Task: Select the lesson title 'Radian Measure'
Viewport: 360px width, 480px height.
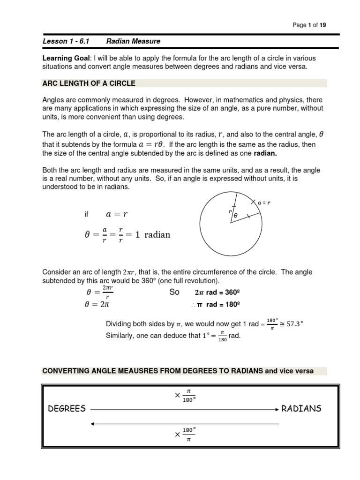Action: [133, 41]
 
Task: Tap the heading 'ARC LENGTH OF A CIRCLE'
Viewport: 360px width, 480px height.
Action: [89, 83]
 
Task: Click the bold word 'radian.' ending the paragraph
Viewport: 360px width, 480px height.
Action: [266, 153]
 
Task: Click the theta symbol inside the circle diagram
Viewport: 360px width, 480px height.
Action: [236, 215]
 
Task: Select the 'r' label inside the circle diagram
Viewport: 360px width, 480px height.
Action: [230, 211]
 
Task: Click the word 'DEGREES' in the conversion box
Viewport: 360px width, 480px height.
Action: [67, 408]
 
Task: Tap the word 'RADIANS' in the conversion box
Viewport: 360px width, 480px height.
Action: [301, 408]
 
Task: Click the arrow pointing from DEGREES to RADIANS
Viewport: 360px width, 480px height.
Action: [184, 409]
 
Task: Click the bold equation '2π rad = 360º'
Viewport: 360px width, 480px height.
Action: [217, 292]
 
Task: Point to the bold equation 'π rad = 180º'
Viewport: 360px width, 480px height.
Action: [215, 304]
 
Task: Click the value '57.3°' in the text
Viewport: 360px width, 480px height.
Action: [294, 324]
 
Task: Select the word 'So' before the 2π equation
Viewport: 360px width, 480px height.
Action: [174, 292]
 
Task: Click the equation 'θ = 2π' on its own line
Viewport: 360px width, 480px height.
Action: [97, 304]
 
